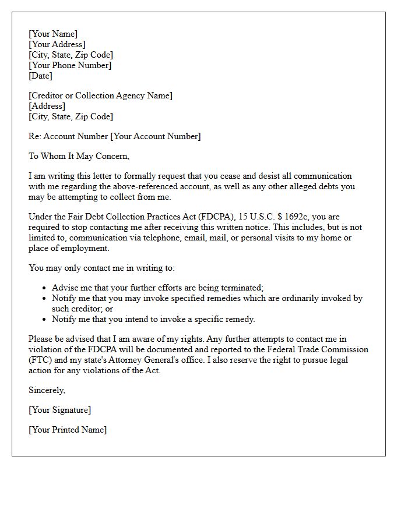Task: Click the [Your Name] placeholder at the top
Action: [53, 34]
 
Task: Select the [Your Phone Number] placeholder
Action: [70, 65]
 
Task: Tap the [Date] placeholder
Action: [41, 76]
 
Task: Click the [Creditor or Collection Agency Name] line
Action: [100, 95]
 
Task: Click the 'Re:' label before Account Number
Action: [36, 136]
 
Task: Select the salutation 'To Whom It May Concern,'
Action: [79, 156]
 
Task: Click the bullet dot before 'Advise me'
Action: [44, 288]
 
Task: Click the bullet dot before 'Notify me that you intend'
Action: [44, 320]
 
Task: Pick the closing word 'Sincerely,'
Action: [47, 390]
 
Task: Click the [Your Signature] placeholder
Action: [59, 410]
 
